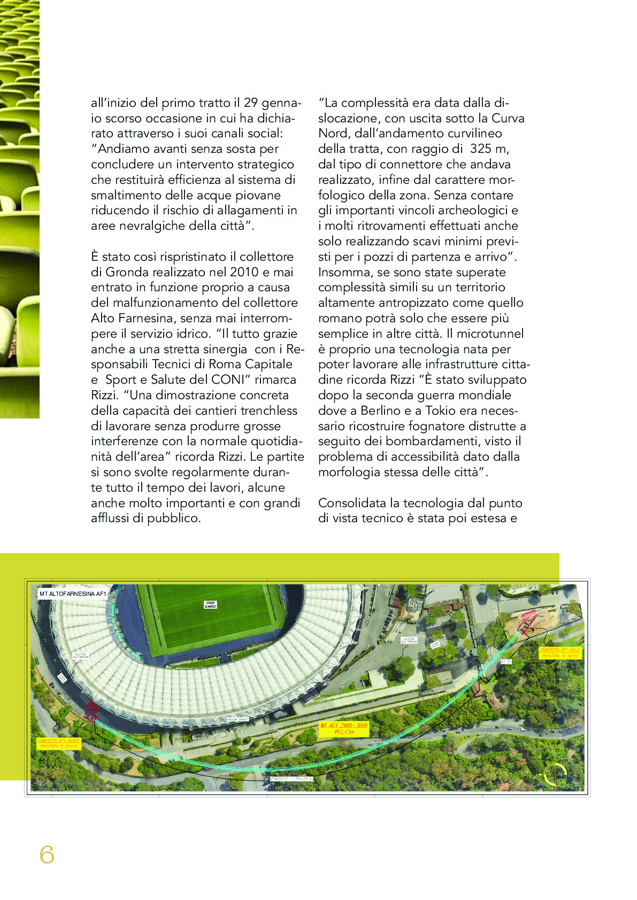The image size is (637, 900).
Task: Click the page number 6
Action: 47,855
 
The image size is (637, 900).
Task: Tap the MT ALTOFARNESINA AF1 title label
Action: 73,594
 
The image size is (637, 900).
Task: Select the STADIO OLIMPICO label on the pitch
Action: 210,605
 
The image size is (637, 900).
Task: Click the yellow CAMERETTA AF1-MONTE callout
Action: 59,743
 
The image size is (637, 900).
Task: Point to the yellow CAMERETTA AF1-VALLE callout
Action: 561,652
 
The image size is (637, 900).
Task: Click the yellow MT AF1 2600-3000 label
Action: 344,728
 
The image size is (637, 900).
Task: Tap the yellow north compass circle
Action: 555,774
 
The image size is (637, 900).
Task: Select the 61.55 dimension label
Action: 506,662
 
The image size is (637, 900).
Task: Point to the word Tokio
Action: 443,410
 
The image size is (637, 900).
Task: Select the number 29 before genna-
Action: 251,103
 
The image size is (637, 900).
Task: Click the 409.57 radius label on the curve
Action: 292,779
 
